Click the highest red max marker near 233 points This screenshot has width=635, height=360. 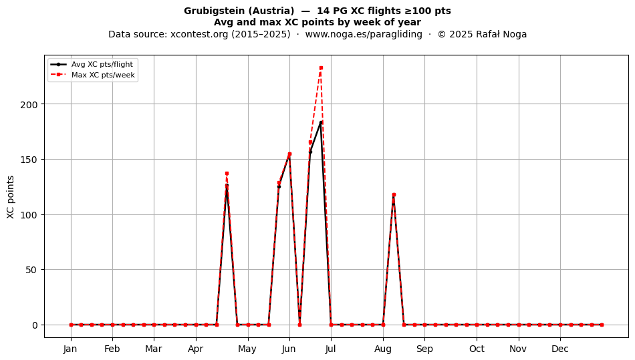[x=321, y=68]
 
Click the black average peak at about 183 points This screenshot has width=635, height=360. [x=321, y=123]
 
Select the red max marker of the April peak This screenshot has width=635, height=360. [x=227, y=174]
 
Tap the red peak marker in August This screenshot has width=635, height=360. [x=394, y=195]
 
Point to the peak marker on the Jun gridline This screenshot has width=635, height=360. [x=289, y=154]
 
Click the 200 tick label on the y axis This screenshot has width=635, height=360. [x=29, y=104]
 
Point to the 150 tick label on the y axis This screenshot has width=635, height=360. [x=29, y=160]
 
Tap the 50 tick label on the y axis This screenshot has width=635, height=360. [x=31, y=270]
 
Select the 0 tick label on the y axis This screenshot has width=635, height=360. [x=35, y=325]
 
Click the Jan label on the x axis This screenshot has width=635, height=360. [x=70, y=349]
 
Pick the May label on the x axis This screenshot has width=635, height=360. [x=247, y=349]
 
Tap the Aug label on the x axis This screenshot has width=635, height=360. [x=383, y=349]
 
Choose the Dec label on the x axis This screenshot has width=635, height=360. [x=560, y=349]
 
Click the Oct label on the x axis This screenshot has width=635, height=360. [x=477, y=349]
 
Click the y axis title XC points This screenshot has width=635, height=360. [x=11, y=197]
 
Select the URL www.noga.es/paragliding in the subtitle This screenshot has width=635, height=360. [x=364, y=34]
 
